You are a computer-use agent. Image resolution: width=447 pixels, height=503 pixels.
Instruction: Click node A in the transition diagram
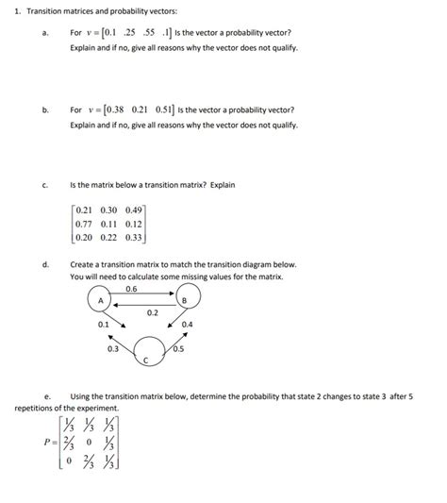pos(98,300)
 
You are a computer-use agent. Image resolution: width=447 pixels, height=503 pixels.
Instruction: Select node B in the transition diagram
pos(185,301)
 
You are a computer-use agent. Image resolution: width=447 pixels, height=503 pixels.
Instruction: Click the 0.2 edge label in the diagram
pos(152,312)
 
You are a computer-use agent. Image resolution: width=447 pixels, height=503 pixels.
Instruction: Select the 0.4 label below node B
pos(187,325)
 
